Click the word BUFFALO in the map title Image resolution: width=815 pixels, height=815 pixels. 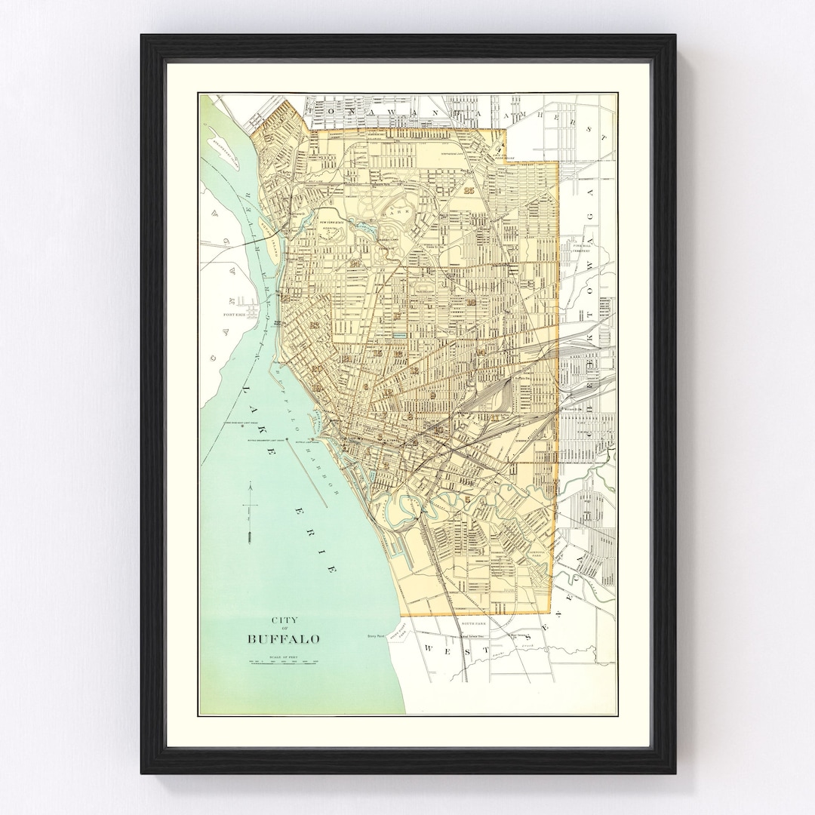point(284,639)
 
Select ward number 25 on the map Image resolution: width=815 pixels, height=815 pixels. point(471,190)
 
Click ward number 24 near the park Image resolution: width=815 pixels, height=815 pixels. point(355,263)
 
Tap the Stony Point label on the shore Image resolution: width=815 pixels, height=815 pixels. point(376,636)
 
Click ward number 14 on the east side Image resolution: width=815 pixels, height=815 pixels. point(481,352)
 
